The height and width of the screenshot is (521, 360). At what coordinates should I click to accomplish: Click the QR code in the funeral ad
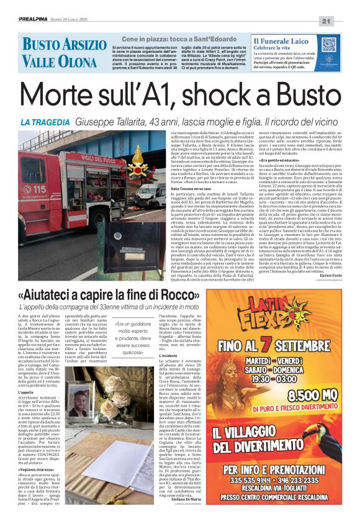328,45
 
